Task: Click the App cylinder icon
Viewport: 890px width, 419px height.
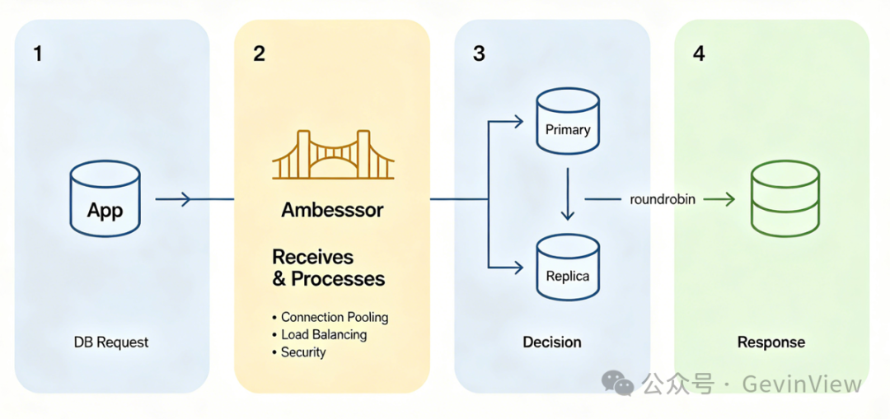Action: [x=105, y=199]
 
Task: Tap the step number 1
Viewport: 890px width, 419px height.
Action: [x=37, y=54]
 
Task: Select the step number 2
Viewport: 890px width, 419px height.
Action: [x=259, y=54]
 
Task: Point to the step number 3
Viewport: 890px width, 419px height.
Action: [x=479, y=54]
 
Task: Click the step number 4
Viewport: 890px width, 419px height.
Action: [x=700, y=54]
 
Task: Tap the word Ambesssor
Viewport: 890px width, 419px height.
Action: [x=333, y=211]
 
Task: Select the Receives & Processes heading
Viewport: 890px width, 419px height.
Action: [x=329, y=268]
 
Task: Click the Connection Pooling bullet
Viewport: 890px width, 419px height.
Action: [x=330, y=317]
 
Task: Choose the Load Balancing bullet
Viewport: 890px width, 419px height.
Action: [x=320, y=334]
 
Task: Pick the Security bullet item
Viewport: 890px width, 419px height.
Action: [x=299, y=352]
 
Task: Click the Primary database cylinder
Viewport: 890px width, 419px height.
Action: [x=568, y=121]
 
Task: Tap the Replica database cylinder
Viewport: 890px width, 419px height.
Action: [x=568, y=267]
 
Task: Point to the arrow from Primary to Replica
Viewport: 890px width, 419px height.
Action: [x=568, y=193]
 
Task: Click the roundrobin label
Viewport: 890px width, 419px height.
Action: [x=663, y=199]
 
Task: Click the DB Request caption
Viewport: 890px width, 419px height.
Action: [x=111, y=342]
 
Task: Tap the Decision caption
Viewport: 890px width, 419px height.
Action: [x=551, y=342]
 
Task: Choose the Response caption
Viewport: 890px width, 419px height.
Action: [x=771, y=342]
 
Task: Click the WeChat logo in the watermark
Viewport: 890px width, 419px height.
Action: [x=618, y=383]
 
